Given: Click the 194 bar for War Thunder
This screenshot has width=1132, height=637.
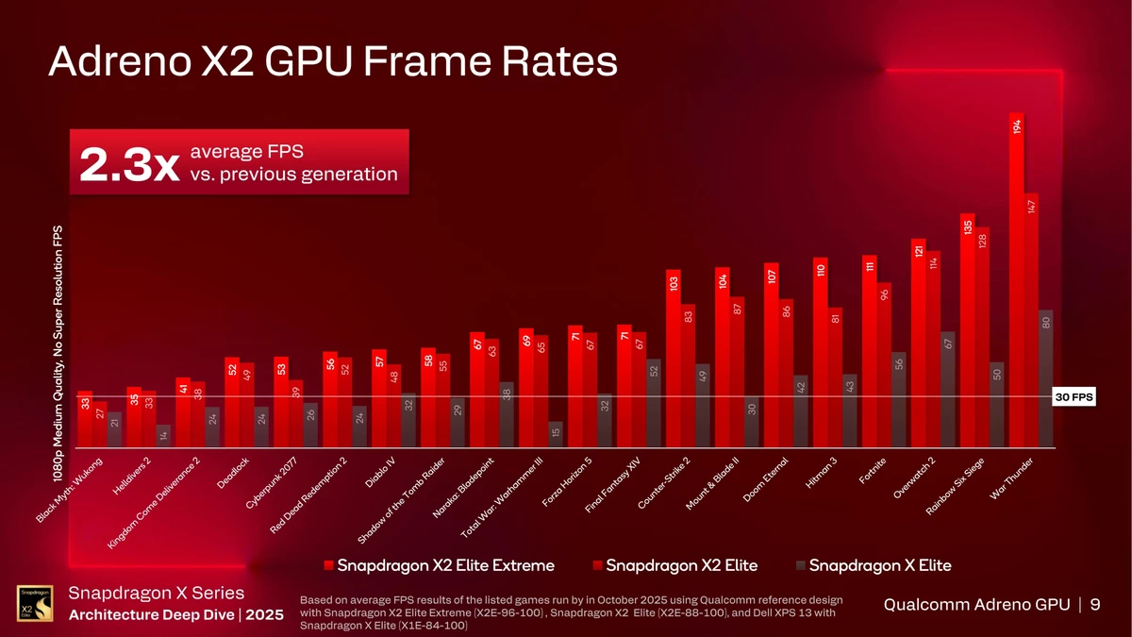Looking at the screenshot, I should click(1017, 283).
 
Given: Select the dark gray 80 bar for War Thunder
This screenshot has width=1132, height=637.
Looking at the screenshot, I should click(1045, 377).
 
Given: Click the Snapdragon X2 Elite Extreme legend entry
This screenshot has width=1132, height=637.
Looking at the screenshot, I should click(439, 565).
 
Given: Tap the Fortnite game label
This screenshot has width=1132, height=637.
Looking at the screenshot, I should click(873, 469).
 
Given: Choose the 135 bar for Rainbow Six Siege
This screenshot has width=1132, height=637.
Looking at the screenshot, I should click(968, 330).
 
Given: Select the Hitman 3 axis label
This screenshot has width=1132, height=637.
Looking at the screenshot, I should click(821, 474).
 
